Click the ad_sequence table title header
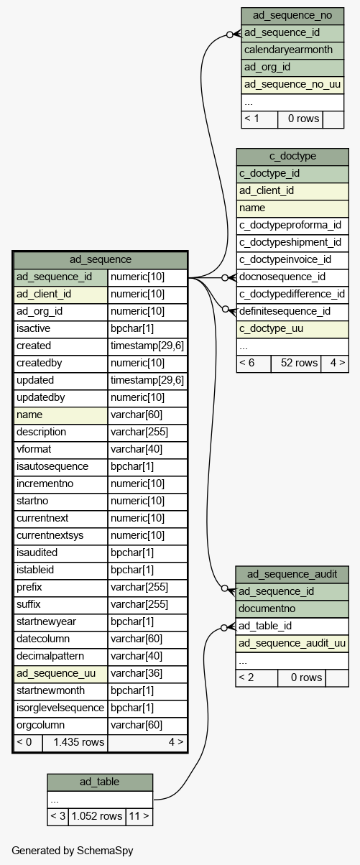click(x=101, y=259)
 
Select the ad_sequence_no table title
click(x=292, y=16)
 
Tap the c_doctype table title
click(x=292, y=157)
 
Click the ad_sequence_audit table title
click(x=292, y=574)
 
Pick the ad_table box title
click(x=100, y=782)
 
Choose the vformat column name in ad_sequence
click(x=34, y=450)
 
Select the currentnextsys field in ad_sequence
click(x=50, y=536)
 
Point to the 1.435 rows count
click(x=79, y=742)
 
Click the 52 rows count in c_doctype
click(x=300, y=363)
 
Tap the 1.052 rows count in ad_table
click(x=97, y=816)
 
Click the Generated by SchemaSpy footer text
click(x=73, y=851)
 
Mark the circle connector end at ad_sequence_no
click(x=230, y=34)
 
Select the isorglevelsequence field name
click(x=60, y=708)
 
